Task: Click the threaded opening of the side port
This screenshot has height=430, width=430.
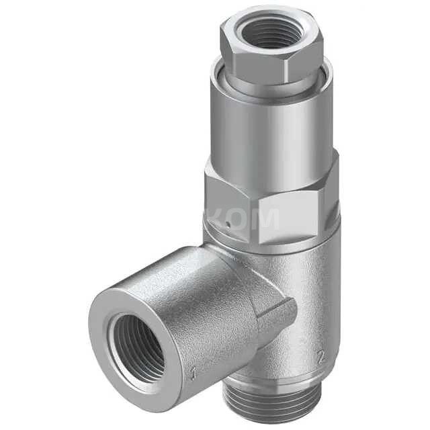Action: (138, 347)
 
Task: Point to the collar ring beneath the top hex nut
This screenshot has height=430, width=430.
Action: (269, 86)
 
